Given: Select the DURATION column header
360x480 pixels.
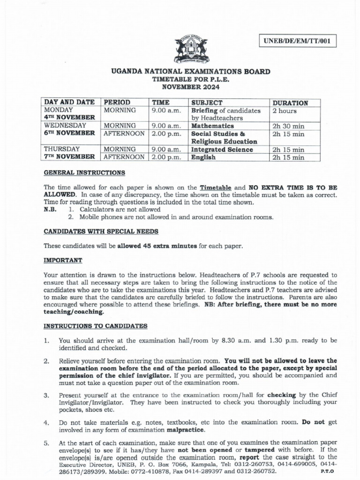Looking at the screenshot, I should tap(290, 103).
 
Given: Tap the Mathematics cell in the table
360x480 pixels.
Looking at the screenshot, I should tap(212, 126).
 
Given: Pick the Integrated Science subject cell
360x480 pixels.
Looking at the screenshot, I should tap(222, 150).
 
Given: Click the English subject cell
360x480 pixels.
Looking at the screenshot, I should tap(203, 157).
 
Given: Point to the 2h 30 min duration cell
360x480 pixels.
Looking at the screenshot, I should tap(288, 126).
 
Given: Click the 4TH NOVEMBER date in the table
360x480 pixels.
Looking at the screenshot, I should tap(70, 118).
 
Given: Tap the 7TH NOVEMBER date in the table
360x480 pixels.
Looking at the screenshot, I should tap(70, 157).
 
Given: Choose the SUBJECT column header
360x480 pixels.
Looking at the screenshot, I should tap(207, 103).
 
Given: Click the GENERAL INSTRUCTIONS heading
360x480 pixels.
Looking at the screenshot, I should tap(84, 172).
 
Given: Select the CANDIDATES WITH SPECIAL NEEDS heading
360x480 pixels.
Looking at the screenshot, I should tap(101, 232).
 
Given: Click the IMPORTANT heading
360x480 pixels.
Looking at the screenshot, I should tap(63, 260).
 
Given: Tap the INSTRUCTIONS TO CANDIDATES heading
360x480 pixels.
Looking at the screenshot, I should tap(95, 326).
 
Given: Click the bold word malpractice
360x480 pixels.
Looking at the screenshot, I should tap(186, 429).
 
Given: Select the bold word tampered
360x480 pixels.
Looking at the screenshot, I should tap(257, 450).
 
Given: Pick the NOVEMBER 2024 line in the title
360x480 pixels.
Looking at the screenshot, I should tap(190, 87).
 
